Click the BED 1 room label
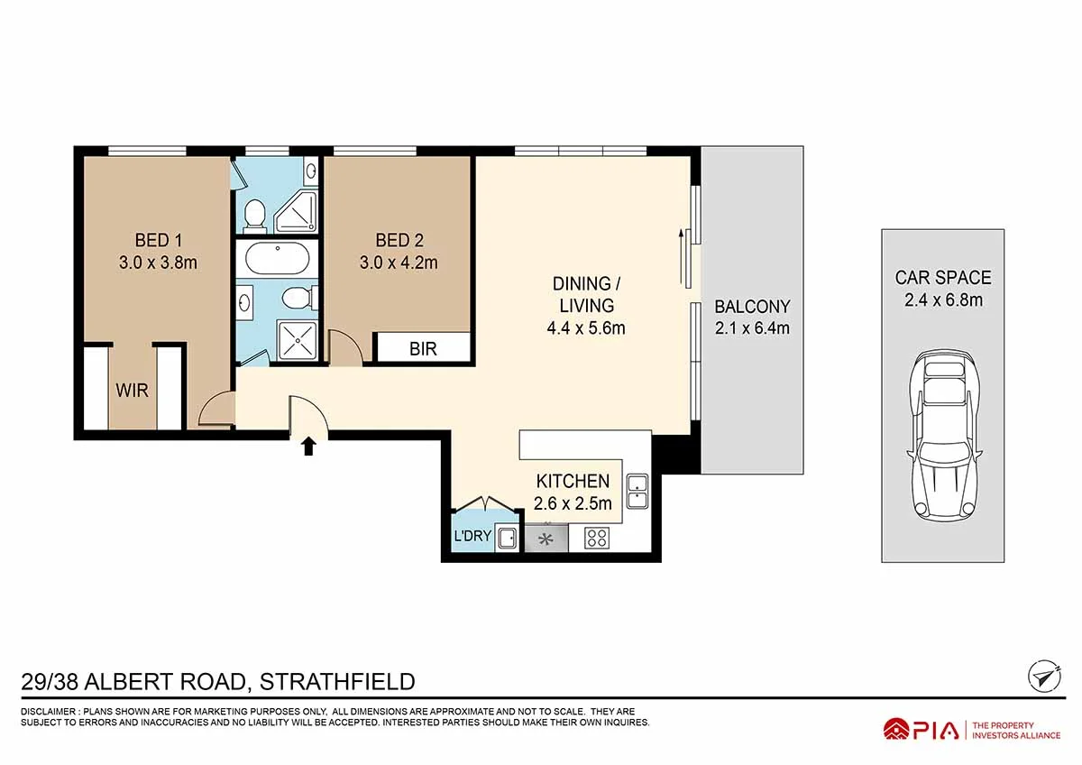point(159,240)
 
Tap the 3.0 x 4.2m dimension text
point(399,263)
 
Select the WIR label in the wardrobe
point(132,391)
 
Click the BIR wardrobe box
point(423,347)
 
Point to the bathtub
point(278,259)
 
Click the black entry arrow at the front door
point(308,447)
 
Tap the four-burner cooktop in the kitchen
point(597,538)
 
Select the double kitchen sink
point(637,491)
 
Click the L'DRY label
point(472,536)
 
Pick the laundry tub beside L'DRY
point(507,539)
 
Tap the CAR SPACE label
point(943,278)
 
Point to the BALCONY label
point(752,307)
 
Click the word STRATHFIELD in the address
point(337,682)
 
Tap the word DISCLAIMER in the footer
point(49,712)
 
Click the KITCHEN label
point(573,482)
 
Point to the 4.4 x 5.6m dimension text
point(586,328)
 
